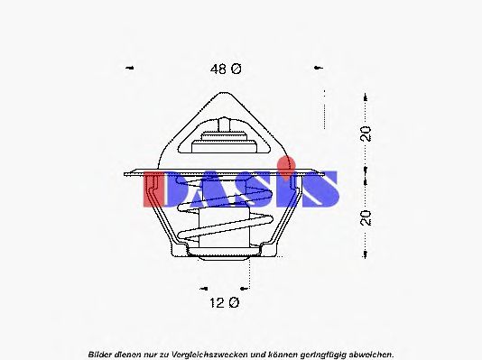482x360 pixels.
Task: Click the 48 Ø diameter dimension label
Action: point(226,69)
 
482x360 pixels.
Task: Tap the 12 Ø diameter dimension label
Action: point(225,303)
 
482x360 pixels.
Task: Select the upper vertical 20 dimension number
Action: point(366,134)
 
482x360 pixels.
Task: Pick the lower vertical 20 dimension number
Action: point(366,217)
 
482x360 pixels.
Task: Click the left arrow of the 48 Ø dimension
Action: point(130,68)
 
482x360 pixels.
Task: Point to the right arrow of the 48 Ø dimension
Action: point(319,68)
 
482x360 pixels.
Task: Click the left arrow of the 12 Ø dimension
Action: point(203,289)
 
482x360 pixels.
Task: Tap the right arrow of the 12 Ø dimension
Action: point(244,289)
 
